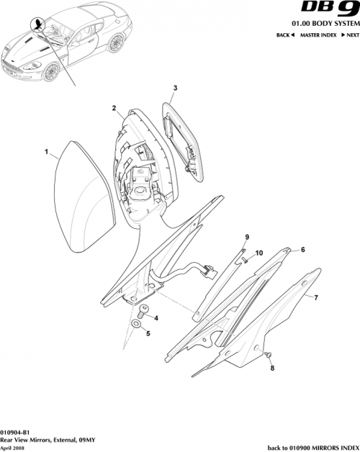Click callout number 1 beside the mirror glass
(x=47, y=153)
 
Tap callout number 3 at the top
(x=175, y=88)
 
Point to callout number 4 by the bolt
(x=157, y=317)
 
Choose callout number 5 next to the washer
(x=148, y=334)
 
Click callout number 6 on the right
(x=302, y=250)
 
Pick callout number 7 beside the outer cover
(x=314, y=297)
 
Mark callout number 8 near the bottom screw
(x=272, y=369)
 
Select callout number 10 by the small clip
(x=259, y=253)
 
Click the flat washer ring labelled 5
(x=136, y=328)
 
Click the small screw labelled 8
(x=269, y=356)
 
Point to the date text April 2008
(x=14, y=446)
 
